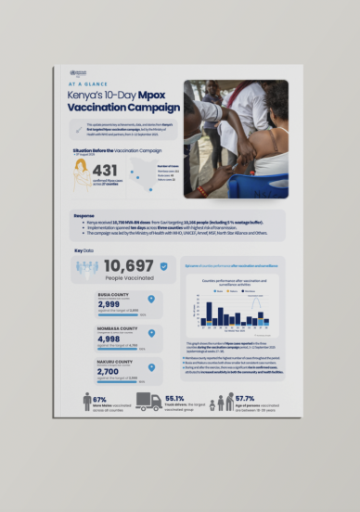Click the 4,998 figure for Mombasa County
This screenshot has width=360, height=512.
(x=110, y=339)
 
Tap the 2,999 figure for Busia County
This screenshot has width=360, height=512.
(x=110, y=306)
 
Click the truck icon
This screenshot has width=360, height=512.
(x=148, y=402)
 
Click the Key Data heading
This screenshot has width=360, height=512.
(x=84, y=250)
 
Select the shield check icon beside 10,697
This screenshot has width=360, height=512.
(x=163, y=266)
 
